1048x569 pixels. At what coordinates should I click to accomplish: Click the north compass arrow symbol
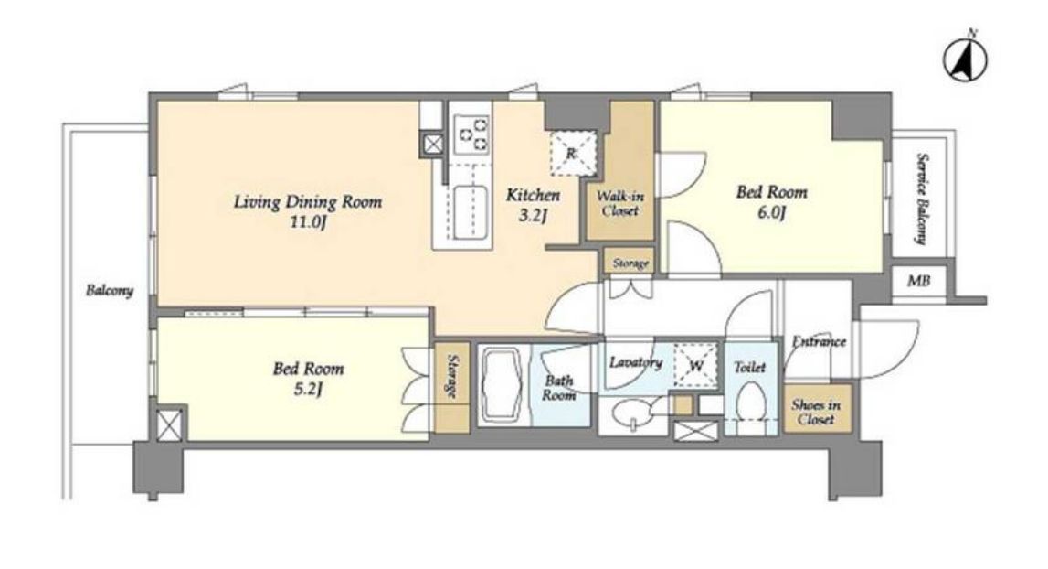point(965,59)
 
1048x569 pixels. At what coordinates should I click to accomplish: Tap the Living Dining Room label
point(307,201)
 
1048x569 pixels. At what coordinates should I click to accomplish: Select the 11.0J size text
point(307,222)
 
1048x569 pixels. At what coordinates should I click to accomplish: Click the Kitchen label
point(533,196)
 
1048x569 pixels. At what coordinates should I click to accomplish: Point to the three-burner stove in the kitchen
point(471,134)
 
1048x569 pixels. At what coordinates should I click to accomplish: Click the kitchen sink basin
point(470,211)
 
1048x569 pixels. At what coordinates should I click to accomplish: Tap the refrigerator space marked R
point(572,154)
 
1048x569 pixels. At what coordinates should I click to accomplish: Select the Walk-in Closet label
point(620,204)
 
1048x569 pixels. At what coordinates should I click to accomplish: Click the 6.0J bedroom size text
point(771,213)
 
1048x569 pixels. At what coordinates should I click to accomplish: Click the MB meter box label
point(918,281)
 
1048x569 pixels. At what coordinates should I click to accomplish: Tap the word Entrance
point(819,341)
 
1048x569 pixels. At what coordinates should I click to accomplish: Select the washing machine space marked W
point(695,366)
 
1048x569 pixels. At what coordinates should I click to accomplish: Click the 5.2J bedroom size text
point(308,389)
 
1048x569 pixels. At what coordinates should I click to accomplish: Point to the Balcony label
point(109,291)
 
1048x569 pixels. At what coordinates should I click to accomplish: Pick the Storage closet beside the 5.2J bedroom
point(451,388)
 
